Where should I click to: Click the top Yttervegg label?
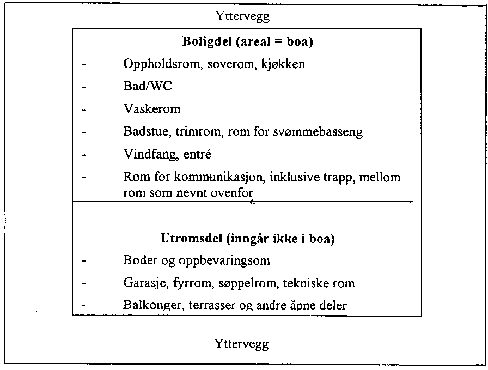coord(243,16)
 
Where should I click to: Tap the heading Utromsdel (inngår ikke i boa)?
coord(248,238)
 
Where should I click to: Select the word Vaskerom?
coord(152,109)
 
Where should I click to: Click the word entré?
coord(195,154)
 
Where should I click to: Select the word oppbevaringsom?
coord(228,261)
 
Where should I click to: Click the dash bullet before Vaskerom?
coord(84,110)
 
